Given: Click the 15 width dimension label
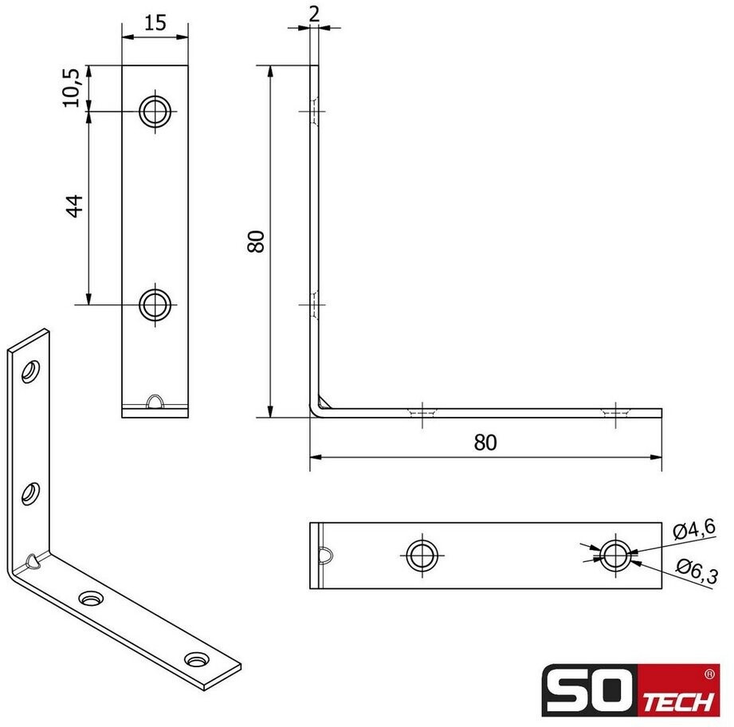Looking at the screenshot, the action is coord(155,22).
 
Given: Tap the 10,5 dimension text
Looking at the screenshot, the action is coord(73,88).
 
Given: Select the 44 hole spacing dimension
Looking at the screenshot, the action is coord(74,206).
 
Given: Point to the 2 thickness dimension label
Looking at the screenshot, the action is coord(314,14).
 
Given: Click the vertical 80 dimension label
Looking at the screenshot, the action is coord(256,242).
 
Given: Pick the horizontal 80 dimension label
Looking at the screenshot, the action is coord(485,442).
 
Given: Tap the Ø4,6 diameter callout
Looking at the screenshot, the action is coord(695,529).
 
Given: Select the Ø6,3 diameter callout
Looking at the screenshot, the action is coord(697,572).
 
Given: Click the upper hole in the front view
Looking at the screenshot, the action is coord(155,112).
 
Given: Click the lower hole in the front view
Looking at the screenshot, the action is coord(155,305).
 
